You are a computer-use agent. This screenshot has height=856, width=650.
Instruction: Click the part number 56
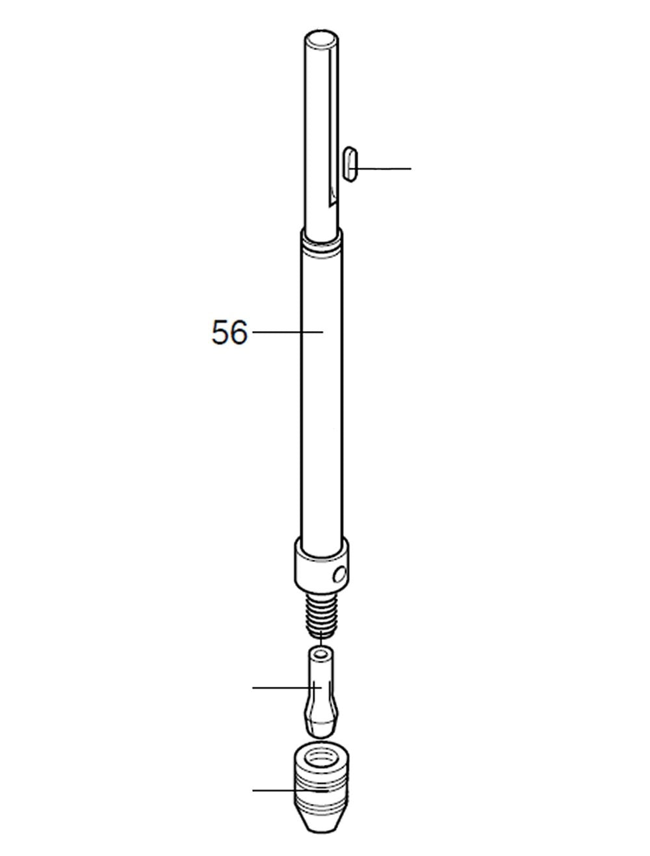(229, 332)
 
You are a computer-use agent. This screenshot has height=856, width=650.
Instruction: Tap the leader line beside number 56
(288, 332)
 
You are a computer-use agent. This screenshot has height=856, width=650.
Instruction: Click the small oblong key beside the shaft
(351, 164)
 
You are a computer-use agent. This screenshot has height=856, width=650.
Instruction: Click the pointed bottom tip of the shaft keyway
(330, 205)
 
